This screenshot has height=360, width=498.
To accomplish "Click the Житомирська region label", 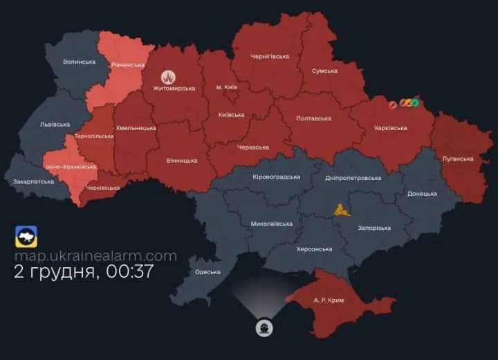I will pyautogui.click(x=174, y=89).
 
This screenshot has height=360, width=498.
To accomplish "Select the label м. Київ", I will pyautogui.click(x=228, y=87).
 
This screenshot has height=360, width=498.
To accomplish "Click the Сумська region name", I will pyautogui.click(x=324, y=71).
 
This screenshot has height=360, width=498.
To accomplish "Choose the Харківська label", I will pyautogui.click(x=390, y=128).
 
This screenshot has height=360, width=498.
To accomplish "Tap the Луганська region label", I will pyautogui.click(x=458, y=159).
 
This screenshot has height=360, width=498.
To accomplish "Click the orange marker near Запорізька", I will pyautogui.click(x=340, y=209).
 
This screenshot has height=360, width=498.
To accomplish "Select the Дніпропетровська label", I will pyautogui.click(x=353, y=178).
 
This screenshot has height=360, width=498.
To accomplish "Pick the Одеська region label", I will pyautogui.click(x=207, y=272).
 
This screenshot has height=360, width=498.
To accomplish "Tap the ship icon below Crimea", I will pyautogui.click(x=264, y=327).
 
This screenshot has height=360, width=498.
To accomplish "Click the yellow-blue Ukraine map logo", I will pyautogui.click(x=26, y=237).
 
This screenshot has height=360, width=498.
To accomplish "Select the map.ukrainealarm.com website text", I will pyautogui.click(x=95, y=256).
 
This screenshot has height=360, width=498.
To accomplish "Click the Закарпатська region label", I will pyautogui.click(x=33, y=182).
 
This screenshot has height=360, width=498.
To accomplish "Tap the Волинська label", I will pyautogui.click(x=79, y=62).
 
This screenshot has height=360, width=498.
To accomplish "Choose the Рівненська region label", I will pyautogui.click(x=127, y=64).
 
